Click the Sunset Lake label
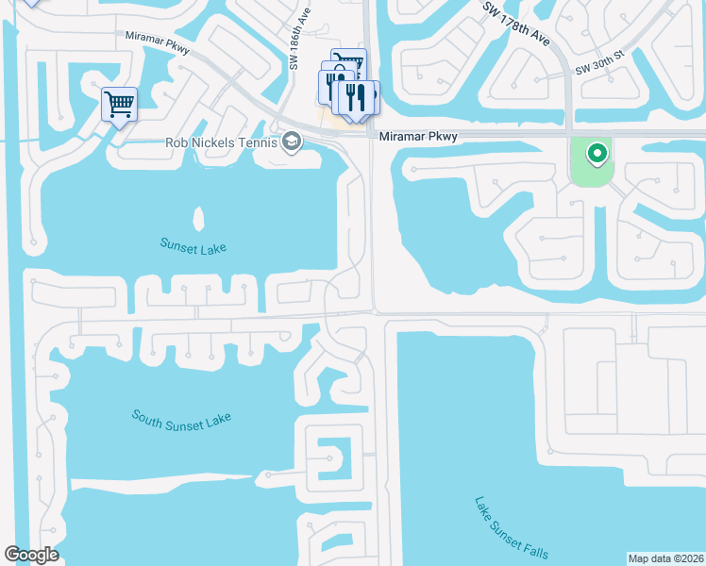click(193, 247)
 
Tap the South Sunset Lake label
click(181, 418)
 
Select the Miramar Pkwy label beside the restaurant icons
click(418, 137)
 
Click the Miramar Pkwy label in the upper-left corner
click(157, 43)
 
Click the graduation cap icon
click(292, 142)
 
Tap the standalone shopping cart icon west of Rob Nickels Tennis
click(120, 104)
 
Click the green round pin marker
click(597, 153)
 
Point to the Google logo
click(31, 555)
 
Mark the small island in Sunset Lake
click(198, 219)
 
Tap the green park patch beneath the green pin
click(590, 175)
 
